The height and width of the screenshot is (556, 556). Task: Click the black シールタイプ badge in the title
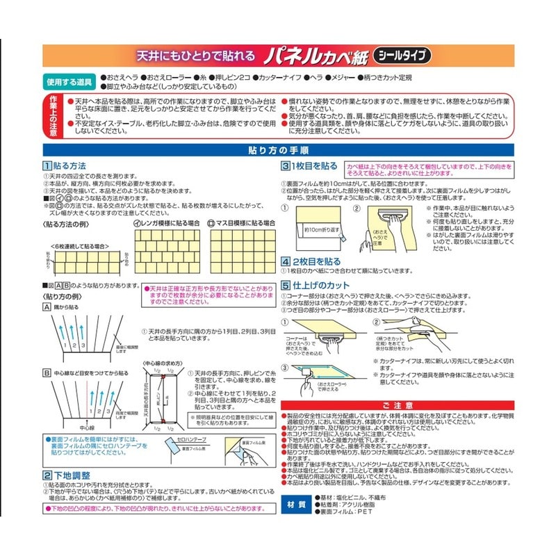point(402,54)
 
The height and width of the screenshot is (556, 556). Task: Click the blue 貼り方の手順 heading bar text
point(278,150)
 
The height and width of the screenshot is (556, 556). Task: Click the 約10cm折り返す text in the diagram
point(320,229)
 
